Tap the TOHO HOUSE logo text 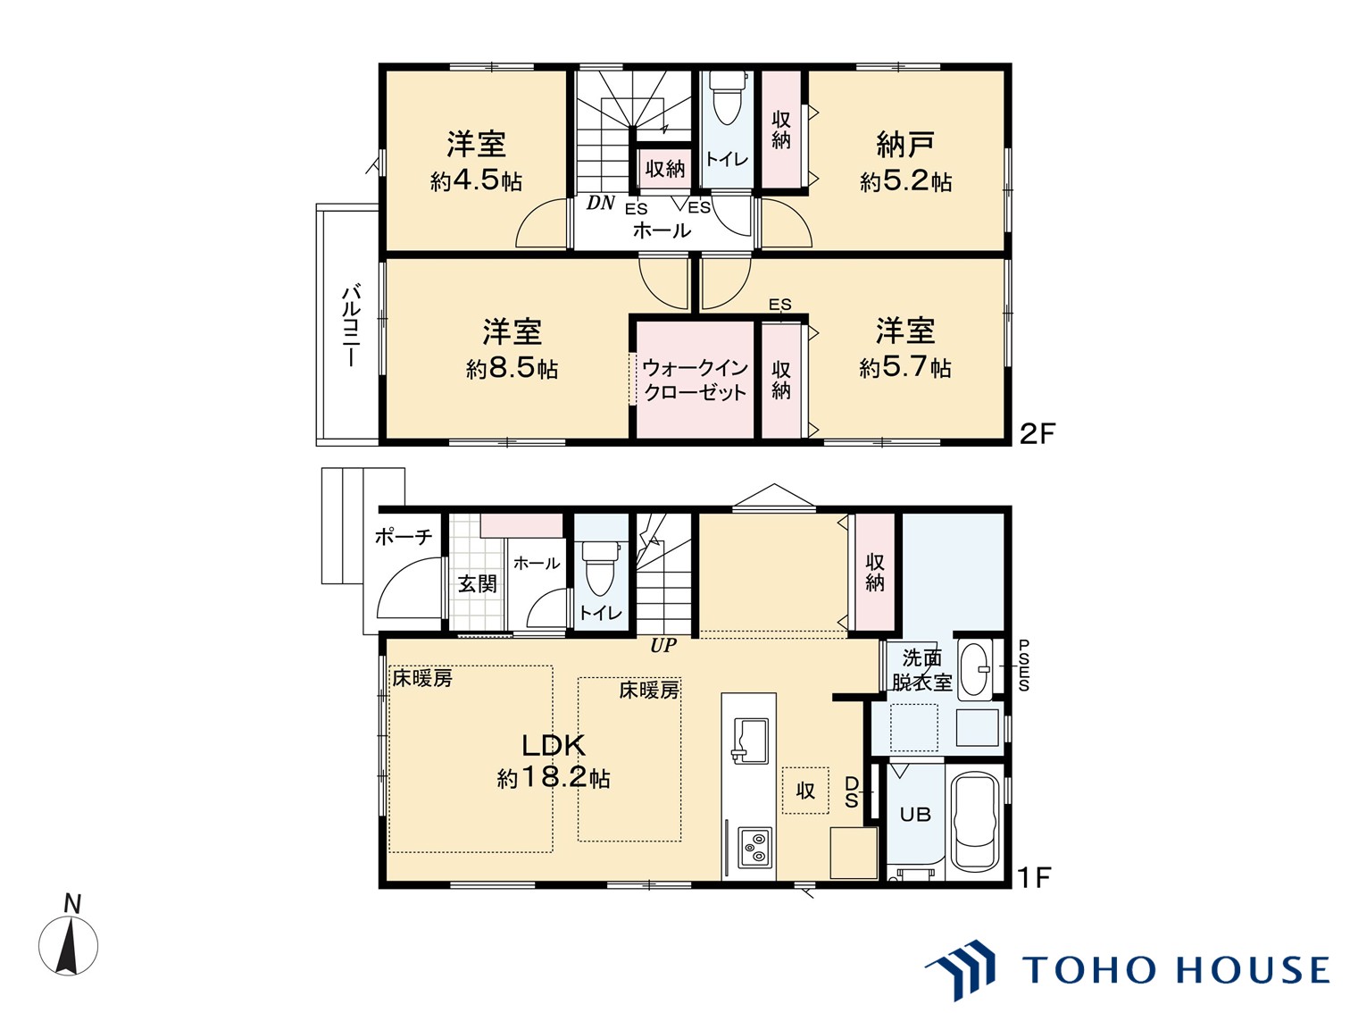(x=1175, y=970)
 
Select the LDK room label (x=553, y=745)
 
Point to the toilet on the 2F (x=727, y=104)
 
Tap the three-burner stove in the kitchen (x=754, y=848)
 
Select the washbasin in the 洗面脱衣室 (x=974, y=669)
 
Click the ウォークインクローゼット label (x=695, y=381)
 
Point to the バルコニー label (x=351, y=325)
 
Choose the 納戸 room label (x=905, y=145)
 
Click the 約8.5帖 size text (x=512, y=369)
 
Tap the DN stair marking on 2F (x=600, y=203)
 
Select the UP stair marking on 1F (x=663, y=646)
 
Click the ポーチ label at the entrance (x=404, y=537)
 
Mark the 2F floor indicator (x=1037, y=434)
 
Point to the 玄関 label (x=478, y=583)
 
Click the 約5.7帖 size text (x=905, y=368)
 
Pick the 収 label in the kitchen (x=805, y=791)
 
